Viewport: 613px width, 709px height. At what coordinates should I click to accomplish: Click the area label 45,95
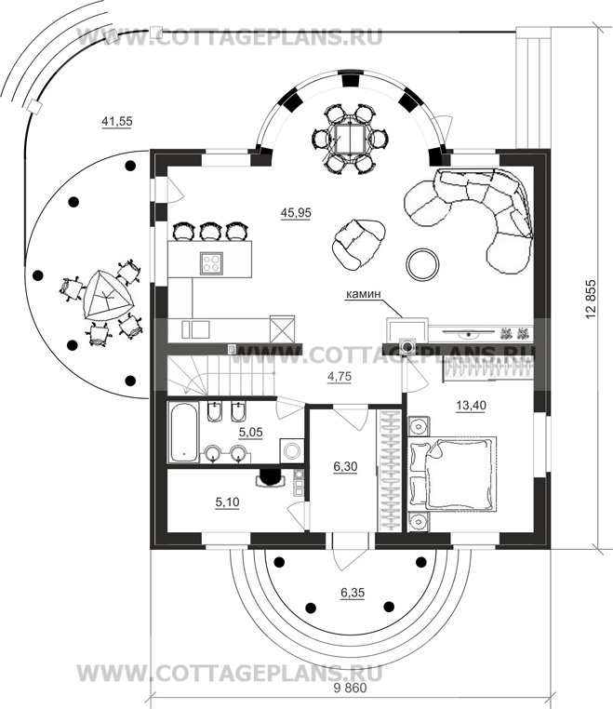click(x=296, y=212)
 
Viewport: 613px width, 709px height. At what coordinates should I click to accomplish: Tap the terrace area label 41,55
click(x=117, y=121)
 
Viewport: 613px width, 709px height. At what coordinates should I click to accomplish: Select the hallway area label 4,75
click(x=340, y=377)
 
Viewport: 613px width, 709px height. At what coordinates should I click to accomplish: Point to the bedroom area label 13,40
click(x=471, y=406)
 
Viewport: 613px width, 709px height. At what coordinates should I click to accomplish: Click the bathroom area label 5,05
click(x=250, y=433)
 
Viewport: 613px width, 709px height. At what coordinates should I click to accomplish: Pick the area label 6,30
click(x=345, y=466)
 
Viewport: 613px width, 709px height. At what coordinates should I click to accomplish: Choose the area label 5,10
click(x=227, y=502)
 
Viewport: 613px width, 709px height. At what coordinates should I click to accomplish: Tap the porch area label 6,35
click(x=353, y=593)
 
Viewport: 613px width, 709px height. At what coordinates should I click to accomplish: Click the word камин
click(x=364, y=294)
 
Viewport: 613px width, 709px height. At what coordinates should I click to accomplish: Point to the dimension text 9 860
click(x=350, y=688)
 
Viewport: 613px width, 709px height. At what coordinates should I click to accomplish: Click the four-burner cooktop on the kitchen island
click(x=211, y=262)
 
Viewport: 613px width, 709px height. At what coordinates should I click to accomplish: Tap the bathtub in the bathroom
click(x=183, y=432)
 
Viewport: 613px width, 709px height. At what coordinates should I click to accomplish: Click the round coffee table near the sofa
click(x=422, y=264)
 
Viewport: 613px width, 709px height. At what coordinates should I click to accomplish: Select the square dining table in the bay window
click(x=349, y=138)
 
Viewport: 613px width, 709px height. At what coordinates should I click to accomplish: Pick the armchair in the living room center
click(x=358, y=244)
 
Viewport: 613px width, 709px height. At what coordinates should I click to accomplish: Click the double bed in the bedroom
click(x=452, y=473)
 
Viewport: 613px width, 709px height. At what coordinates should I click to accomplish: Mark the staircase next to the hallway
click(x=221, y=375)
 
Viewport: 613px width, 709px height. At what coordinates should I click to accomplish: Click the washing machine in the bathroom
click(x=292, y=450)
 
